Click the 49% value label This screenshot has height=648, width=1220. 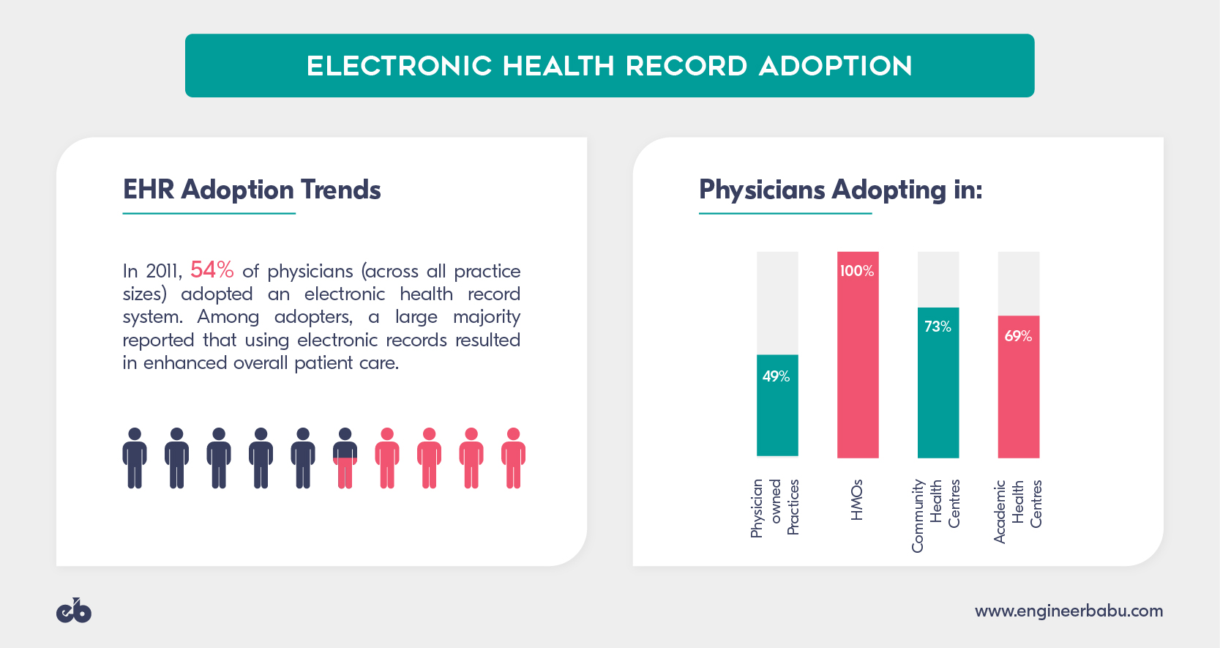click(776, 376)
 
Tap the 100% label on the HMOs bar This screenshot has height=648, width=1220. click(857, 271)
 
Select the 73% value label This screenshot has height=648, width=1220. click(938, 327)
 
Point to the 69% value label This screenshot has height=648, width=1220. click(1018, 336)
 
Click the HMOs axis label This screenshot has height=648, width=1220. click(857, 500)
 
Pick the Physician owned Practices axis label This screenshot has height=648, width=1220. click(775, 507)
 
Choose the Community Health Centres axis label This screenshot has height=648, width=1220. click(936, 515)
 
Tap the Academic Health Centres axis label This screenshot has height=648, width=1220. click(1017, 511)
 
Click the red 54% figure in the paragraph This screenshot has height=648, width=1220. click(212, 270)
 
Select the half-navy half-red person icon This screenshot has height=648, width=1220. click(345, 458)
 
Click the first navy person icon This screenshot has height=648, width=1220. click(135, 458)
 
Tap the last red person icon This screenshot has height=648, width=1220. click(514, 458)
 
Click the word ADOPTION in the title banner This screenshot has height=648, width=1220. click(836, 66)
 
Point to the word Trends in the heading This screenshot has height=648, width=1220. click(341, 190)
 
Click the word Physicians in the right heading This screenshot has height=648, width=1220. click(762, 190)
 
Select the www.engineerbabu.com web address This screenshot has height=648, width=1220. click(1069, 611)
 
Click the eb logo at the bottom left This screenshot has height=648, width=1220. click(74, 611)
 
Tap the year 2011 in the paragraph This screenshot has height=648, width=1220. click(162, 272)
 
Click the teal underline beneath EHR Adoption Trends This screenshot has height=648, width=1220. click(209, 214)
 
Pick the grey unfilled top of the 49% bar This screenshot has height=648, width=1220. click(777, 302)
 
